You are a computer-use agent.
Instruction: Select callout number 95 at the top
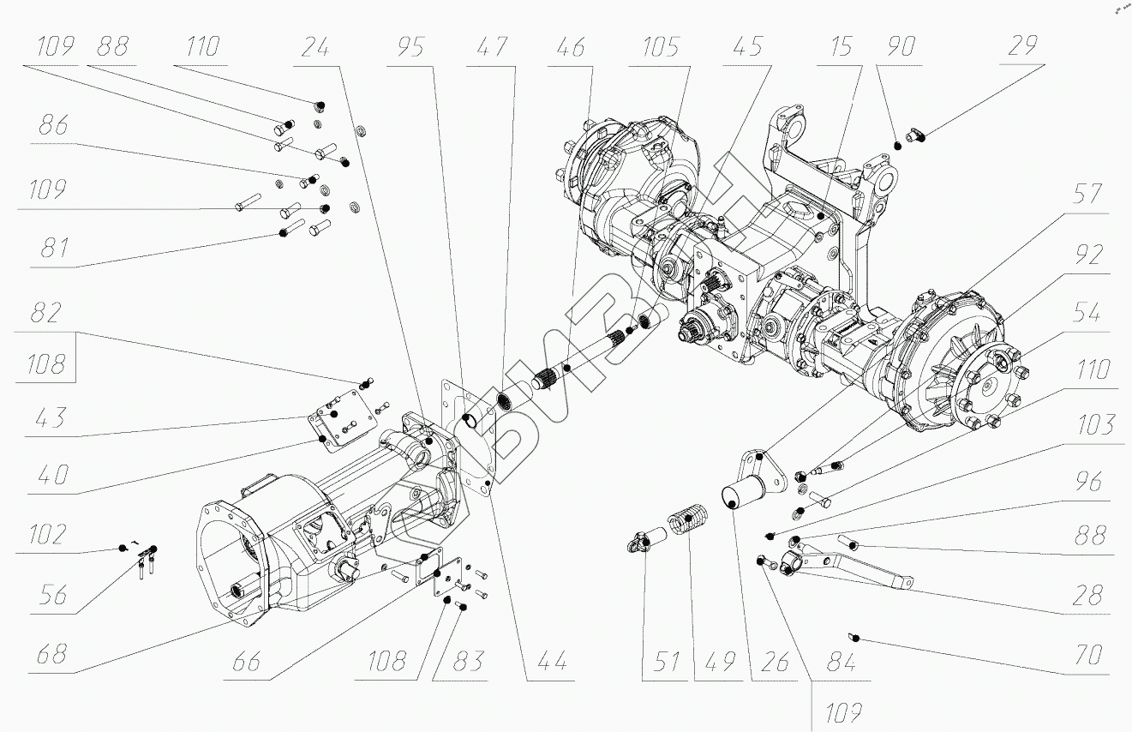coord(411,48)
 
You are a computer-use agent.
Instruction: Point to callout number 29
coord(1021,47)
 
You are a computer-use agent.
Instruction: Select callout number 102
coord(47,535)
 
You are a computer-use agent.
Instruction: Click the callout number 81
coord(53,249)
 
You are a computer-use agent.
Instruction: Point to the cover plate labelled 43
coord(341,420)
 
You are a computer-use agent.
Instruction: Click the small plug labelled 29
coord(915,134)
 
